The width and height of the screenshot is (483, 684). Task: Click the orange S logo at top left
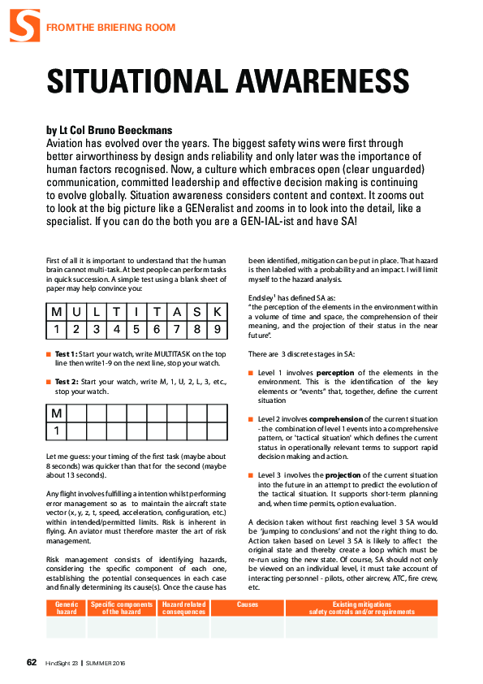(x=25, y=26)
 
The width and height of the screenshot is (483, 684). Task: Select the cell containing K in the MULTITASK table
(x=217, y=312)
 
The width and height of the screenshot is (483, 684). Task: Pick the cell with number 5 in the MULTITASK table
(x=136, y=330)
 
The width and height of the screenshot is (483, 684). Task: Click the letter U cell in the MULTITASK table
(x=76, y=312)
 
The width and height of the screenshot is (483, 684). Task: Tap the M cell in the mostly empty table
(x=57, y=413)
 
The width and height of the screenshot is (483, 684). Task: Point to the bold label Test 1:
(x=67, y=354)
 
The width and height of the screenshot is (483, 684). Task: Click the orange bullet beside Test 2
(x=49, y=382)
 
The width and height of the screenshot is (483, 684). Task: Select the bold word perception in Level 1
(x=335, y=373)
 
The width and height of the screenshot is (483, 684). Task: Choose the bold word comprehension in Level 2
(x=336, y=419)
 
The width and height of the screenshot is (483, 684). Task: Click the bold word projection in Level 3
(x=343, y=475)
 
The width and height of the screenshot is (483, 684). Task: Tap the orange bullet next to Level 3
(x=251, y=475)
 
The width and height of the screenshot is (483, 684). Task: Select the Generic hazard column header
(x=67, y=608)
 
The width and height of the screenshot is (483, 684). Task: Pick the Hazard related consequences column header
(x=184, y=608)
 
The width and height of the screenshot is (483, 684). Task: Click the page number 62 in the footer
(x=32, y=662)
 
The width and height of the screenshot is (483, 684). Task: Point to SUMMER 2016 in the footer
(x=106, y=664)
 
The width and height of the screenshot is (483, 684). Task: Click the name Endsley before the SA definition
(x=261, y=298)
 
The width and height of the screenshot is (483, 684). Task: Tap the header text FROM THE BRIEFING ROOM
(x=110, y=28)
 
